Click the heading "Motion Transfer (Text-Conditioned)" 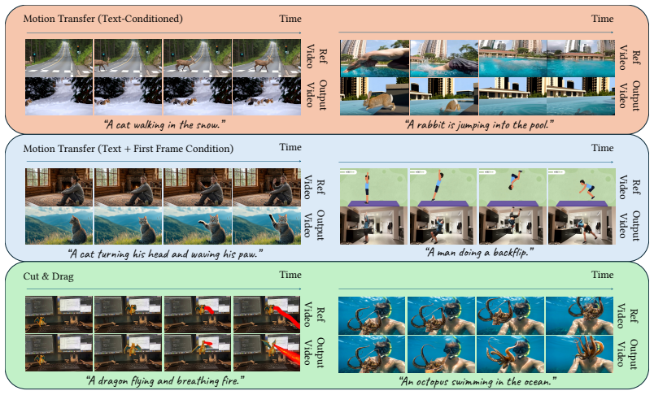pyautogui.click(x=103, y=19)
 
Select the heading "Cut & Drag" pyautogui.click(x=48, y=276)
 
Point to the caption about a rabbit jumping pyautogui.click(x=479, y=124)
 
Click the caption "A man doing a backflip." pyautogui.click(x=479, y=252)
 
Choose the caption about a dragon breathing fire pyautogui.click(x=165, y=380)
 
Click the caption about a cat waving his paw pyautogui.click(x=165, y=254)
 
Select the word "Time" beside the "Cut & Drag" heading pyautogui.click(x=290, y=275)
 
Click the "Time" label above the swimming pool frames pyautogui.click(x=602, y=19)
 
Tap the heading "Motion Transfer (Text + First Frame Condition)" pyautogui.click(x=129, y=149)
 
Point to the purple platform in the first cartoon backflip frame pyautogui.click(x=373, y=203)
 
